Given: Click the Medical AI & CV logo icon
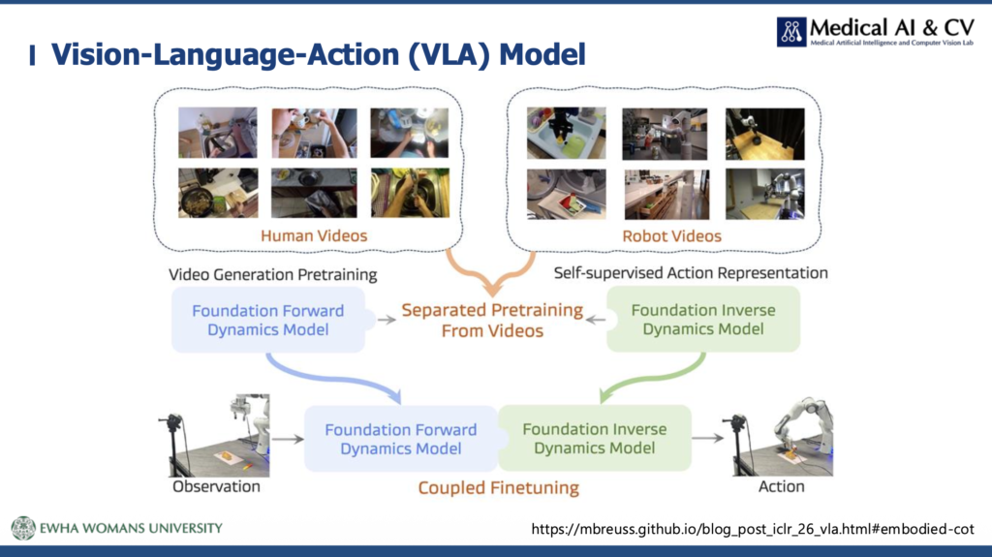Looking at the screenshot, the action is click(791, 32).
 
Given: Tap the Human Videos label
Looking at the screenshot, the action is click(314, 236).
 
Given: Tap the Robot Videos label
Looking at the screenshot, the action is click(672, 236).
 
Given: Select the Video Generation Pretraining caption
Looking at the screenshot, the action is click(272, 275).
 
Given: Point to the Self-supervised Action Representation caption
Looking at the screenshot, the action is click(691, 273).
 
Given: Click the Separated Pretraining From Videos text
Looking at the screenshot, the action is click(492, 321).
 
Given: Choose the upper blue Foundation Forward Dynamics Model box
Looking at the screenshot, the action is click(268, 320).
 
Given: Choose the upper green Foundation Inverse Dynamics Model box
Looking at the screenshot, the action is click(703, 319).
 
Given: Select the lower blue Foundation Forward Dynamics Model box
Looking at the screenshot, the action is click(401, 439).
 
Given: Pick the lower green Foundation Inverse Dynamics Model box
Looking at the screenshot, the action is click(595, 438).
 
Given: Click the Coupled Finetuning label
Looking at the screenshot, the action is click(499, 488).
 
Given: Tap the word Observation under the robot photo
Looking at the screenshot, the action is click(216, 486).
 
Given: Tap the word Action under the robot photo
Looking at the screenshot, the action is click(782, 486).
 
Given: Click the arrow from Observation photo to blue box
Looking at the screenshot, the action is click(289, 439).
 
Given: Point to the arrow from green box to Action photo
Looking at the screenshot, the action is click(708, 438).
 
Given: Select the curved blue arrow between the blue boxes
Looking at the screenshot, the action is click(329, 378).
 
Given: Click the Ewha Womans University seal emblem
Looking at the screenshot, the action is click(23, 528).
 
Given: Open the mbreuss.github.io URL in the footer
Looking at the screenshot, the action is click(753, 529).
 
